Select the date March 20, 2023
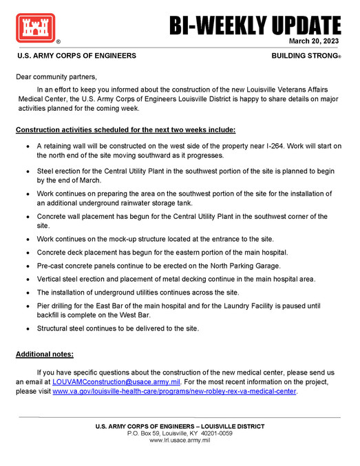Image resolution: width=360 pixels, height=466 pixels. coord(315,41)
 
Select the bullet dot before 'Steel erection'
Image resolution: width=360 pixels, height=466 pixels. coord(26,169)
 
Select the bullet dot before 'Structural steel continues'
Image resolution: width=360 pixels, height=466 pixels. coord(26,329)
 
